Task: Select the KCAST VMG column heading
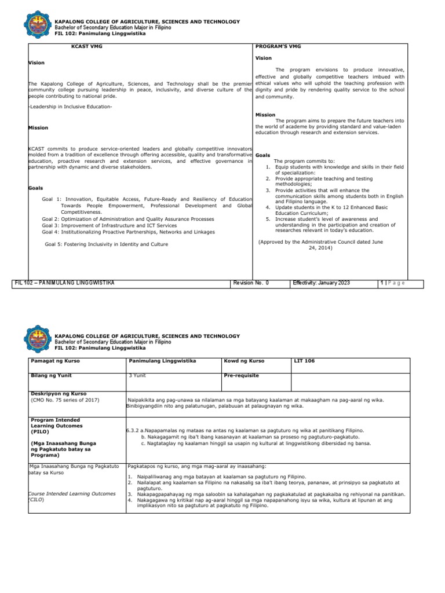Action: tap(83, 45)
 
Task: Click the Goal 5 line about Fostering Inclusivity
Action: tap(107, 244)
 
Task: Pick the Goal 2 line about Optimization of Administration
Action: tap(128, 219)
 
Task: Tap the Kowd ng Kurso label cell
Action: tap(244, 361)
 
